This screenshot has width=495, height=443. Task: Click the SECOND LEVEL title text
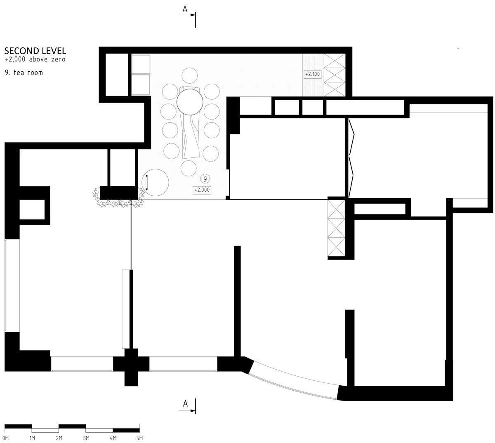click(x=35, y=51)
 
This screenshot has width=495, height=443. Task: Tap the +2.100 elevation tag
click(x=313, y=74)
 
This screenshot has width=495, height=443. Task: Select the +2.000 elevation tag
click(x=202, y=190)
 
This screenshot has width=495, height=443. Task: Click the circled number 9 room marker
click(x=205, y=179)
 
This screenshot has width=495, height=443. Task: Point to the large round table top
click(x=190, y=102)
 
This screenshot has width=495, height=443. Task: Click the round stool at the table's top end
click(x=190, y=76)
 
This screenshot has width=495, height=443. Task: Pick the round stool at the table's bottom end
click(x=189, y=168)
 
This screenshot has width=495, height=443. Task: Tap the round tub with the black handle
click(x=155, y=182)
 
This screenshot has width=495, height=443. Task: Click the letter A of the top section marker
click(x=185, y=9)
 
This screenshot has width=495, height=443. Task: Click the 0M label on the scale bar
click(x=5, y=438)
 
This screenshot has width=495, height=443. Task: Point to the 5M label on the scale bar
click(x=139, y=438)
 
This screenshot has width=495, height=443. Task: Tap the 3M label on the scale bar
click(x=86, y=438)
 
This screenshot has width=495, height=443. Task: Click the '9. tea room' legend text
click(x=24, y=73)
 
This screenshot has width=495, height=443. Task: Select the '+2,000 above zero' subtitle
click(x=35, y=59)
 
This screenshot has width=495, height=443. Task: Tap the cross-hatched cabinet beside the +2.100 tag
click(x=335, y=75)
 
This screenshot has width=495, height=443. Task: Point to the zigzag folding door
click(x=351, y=158)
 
